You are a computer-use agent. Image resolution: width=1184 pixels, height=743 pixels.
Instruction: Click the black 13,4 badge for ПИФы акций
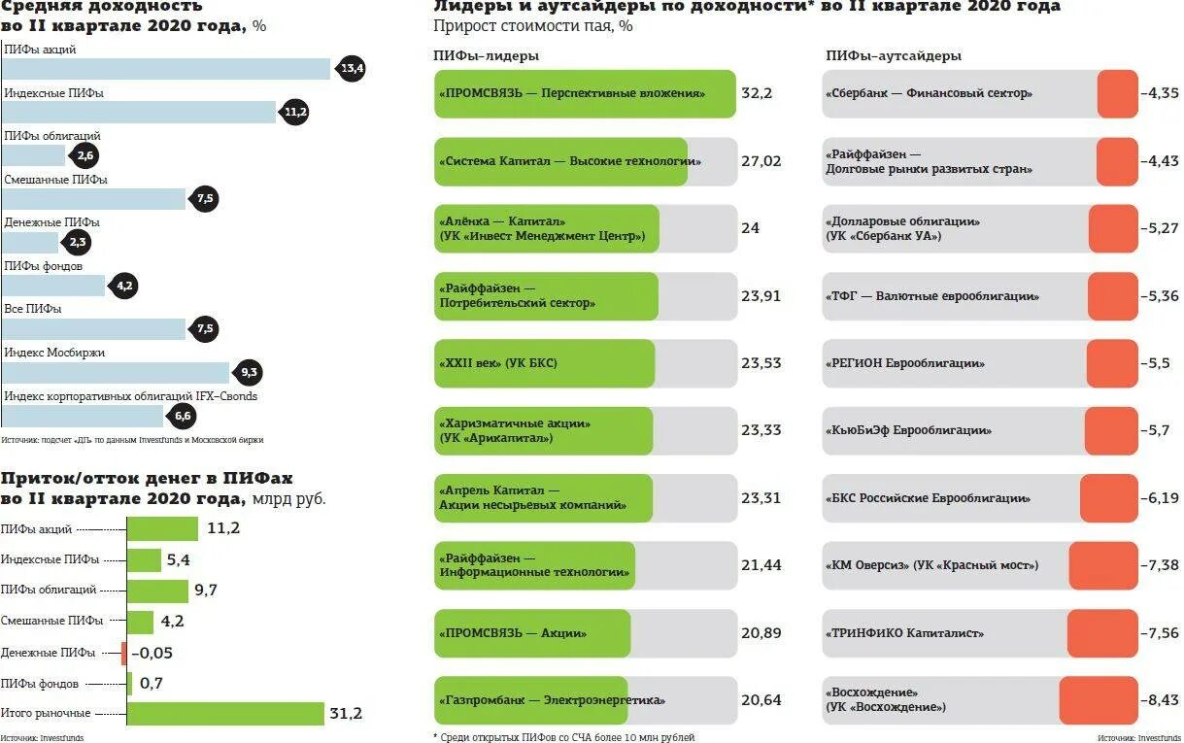[x=352, y=68]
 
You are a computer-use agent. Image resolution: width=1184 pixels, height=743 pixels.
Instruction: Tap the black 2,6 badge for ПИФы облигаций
[x=85, y=155]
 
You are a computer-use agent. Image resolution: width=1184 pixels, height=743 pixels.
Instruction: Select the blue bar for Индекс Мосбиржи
[x=117, y=373]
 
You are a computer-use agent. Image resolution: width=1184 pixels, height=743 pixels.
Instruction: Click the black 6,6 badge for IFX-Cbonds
[x=183, y=417]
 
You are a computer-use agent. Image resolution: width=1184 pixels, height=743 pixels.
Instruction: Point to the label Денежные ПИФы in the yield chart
[x=51, y=222]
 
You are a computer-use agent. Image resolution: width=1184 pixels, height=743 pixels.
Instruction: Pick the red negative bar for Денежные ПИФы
[x=124, y=653]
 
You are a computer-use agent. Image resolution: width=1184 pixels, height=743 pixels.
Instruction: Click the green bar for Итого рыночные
[x=225, y=714]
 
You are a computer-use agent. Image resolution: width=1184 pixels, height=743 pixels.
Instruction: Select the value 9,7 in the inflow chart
[x=206, y=590]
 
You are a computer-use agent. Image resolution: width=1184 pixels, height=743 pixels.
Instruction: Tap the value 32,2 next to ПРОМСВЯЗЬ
[x=756, y=93]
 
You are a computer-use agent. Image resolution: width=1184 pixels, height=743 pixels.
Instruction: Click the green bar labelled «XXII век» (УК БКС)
[x=544, y=363]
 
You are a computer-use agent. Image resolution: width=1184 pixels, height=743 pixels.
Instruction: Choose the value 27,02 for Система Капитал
[x=761, y=161]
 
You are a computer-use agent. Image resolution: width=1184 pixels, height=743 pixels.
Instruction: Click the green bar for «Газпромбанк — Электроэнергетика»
[x=530, y=700]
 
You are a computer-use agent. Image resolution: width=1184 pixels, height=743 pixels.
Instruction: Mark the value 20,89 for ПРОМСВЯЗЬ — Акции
[x=761, y=633]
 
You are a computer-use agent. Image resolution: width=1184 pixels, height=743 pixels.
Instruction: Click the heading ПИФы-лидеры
[x=486, y=56]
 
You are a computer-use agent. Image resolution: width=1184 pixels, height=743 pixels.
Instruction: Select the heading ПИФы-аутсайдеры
[x=894, y=56]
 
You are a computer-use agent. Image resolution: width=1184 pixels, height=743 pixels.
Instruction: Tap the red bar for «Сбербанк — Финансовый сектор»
[x=1117, y=93]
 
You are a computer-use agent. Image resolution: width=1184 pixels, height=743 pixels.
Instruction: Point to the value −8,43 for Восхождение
[x=1160, y=700]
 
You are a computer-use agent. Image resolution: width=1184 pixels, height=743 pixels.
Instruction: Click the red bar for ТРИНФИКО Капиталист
[x=1101, y=633]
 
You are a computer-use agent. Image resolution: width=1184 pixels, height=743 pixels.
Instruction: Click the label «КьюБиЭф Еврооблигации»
[x=909, y=430]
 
